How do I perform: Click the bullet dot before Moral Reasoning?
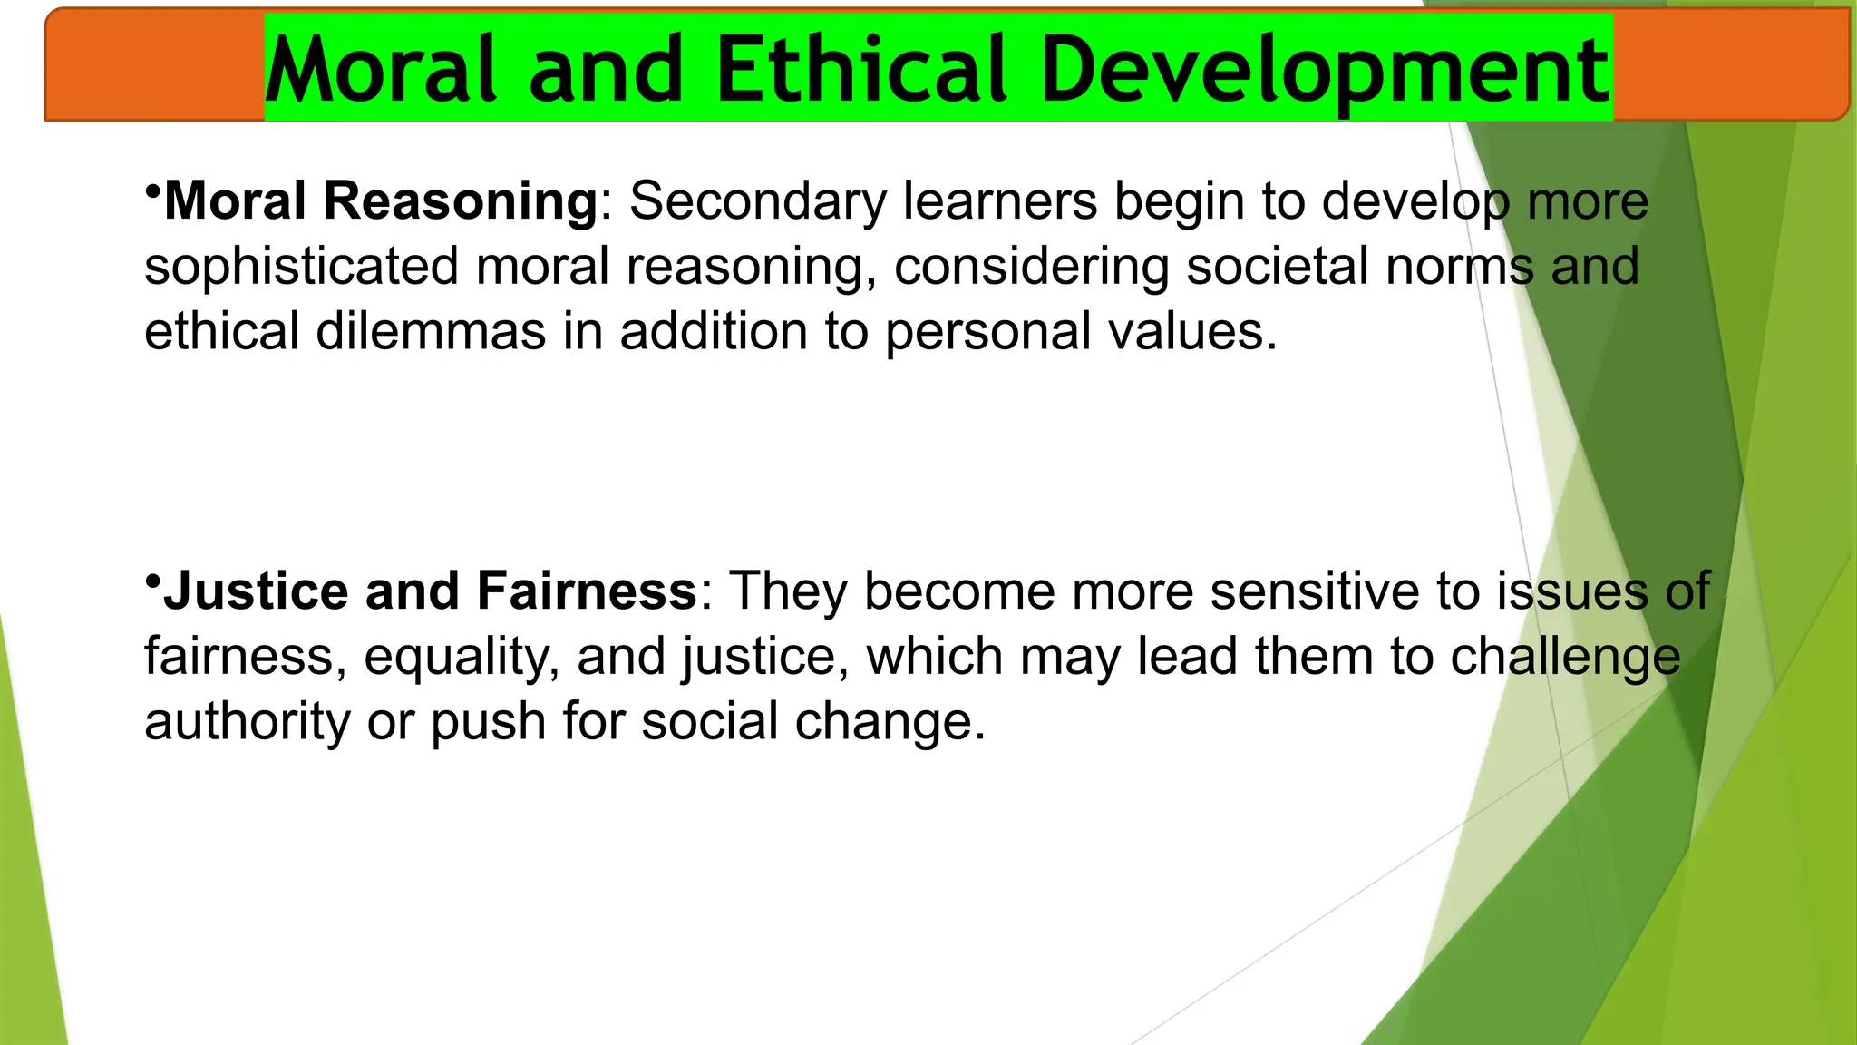coord(152,191)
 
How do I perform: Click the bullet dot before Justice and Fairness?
coord(152,581)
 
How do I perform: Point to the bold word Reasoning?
coord(460,201)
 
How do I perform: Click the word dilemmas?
coord(431,331)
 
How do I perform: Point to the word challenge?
coord(1564,658)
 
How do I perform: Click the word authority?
coord(247,722)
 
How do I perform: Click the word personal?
coord(987,333)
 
